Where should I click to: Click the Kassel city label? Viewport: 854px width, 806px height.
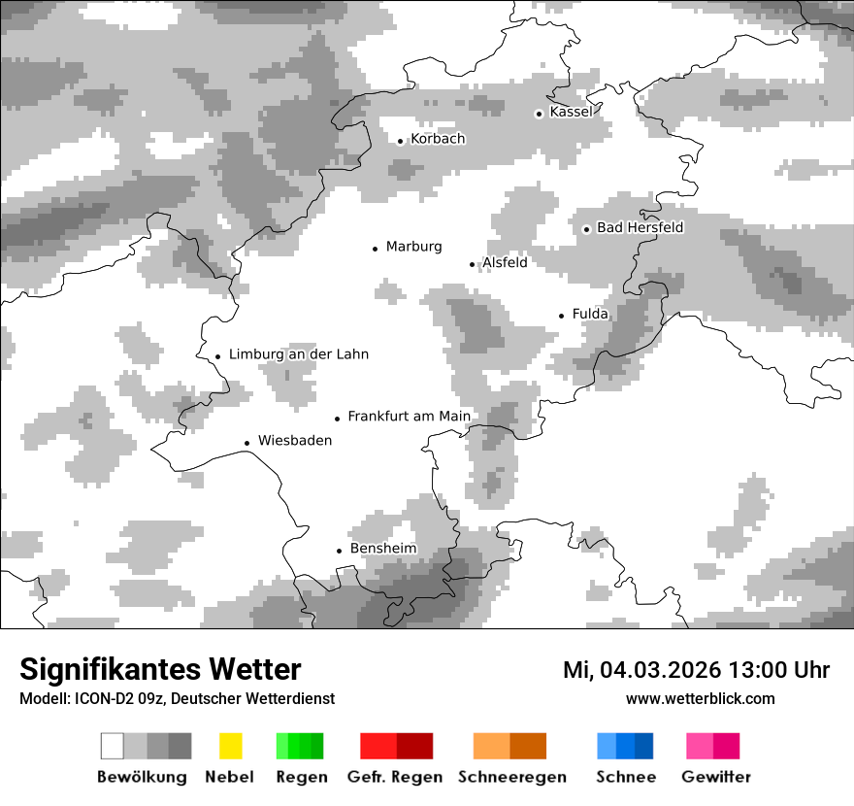pos(571,112)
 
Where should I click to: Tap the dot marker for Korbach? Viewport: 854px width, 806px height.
pos(400,141)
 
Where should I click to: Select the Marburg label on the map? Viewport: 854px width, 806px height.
pos(413,247)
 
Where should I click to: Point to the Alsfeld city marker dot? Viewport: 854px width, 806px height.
pos(473,264)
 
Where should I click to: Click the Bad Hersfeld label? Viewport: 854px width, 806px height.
pos(640,227)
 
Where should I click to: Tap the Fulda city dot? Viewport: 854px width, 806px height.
pos(561,316)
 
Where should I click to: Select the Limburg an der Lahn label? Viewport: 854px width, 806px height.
pos(298,354)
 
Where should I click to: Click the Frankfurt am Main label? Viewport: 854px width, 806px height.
pos(409,417)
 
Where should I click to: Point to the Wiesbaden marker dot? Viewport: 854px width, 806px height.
pos(247,443)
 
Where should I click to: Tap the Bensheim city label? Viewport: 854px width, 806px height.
pos(382,549)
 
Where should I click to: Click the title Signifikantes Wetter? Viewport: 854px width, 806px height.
pos(160,670)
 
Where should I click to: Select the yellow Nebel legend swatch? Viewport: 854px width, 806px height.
pos(230,746)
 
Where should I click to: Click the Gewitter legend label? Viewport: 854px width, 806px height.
pos(715,777)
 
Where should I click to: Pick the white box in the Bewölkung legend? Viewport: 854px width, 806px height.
pos(113,746)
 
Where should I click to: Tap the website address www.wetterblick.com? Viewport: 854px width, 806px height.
pos(700,699)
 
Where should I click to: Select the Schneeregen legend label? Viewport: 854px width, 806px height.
pos(511,777)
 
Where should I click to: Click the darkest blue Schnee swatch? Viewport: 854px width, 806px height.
pos(643,746)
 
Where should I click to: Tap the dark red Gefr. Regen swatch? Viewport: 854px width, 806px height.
pos(414,746)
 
